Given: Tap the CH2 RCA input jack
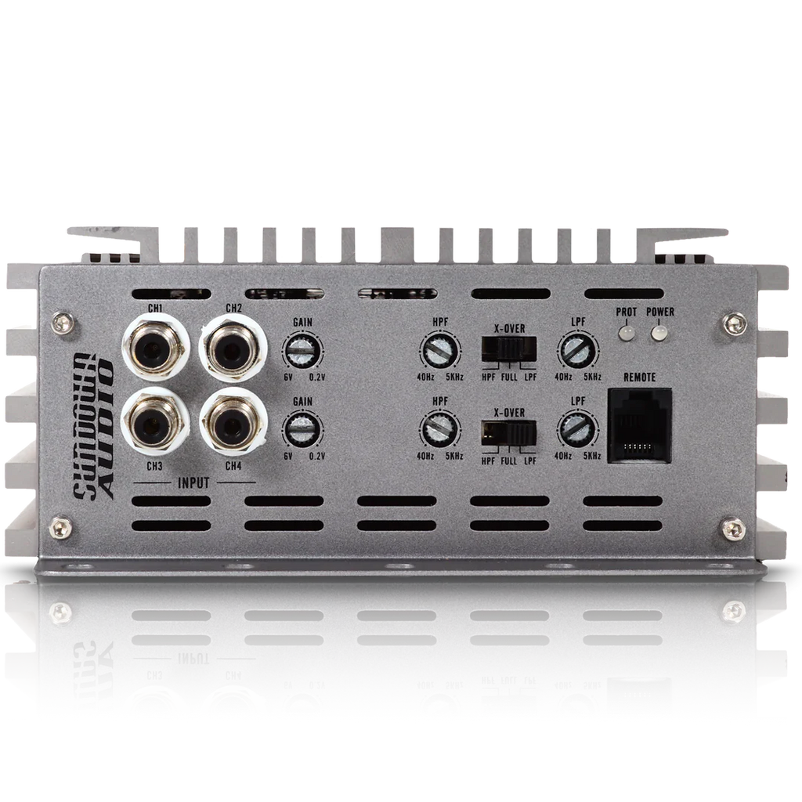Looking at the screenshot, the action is pyautogui.click(x=233, y=347).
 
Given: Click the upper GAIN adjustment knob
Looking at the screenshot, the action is pyautogui.click(x=302, y=352).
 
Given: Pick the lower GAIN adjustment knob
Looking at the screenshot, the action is pyautogui.click(x=302, y=430).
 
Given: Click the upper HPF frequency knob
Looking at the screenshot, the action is pyautogui.click(x=440, y=351).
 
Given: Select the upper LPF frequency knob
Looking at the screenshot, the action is pyautogui.click(x=578, y=351).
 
